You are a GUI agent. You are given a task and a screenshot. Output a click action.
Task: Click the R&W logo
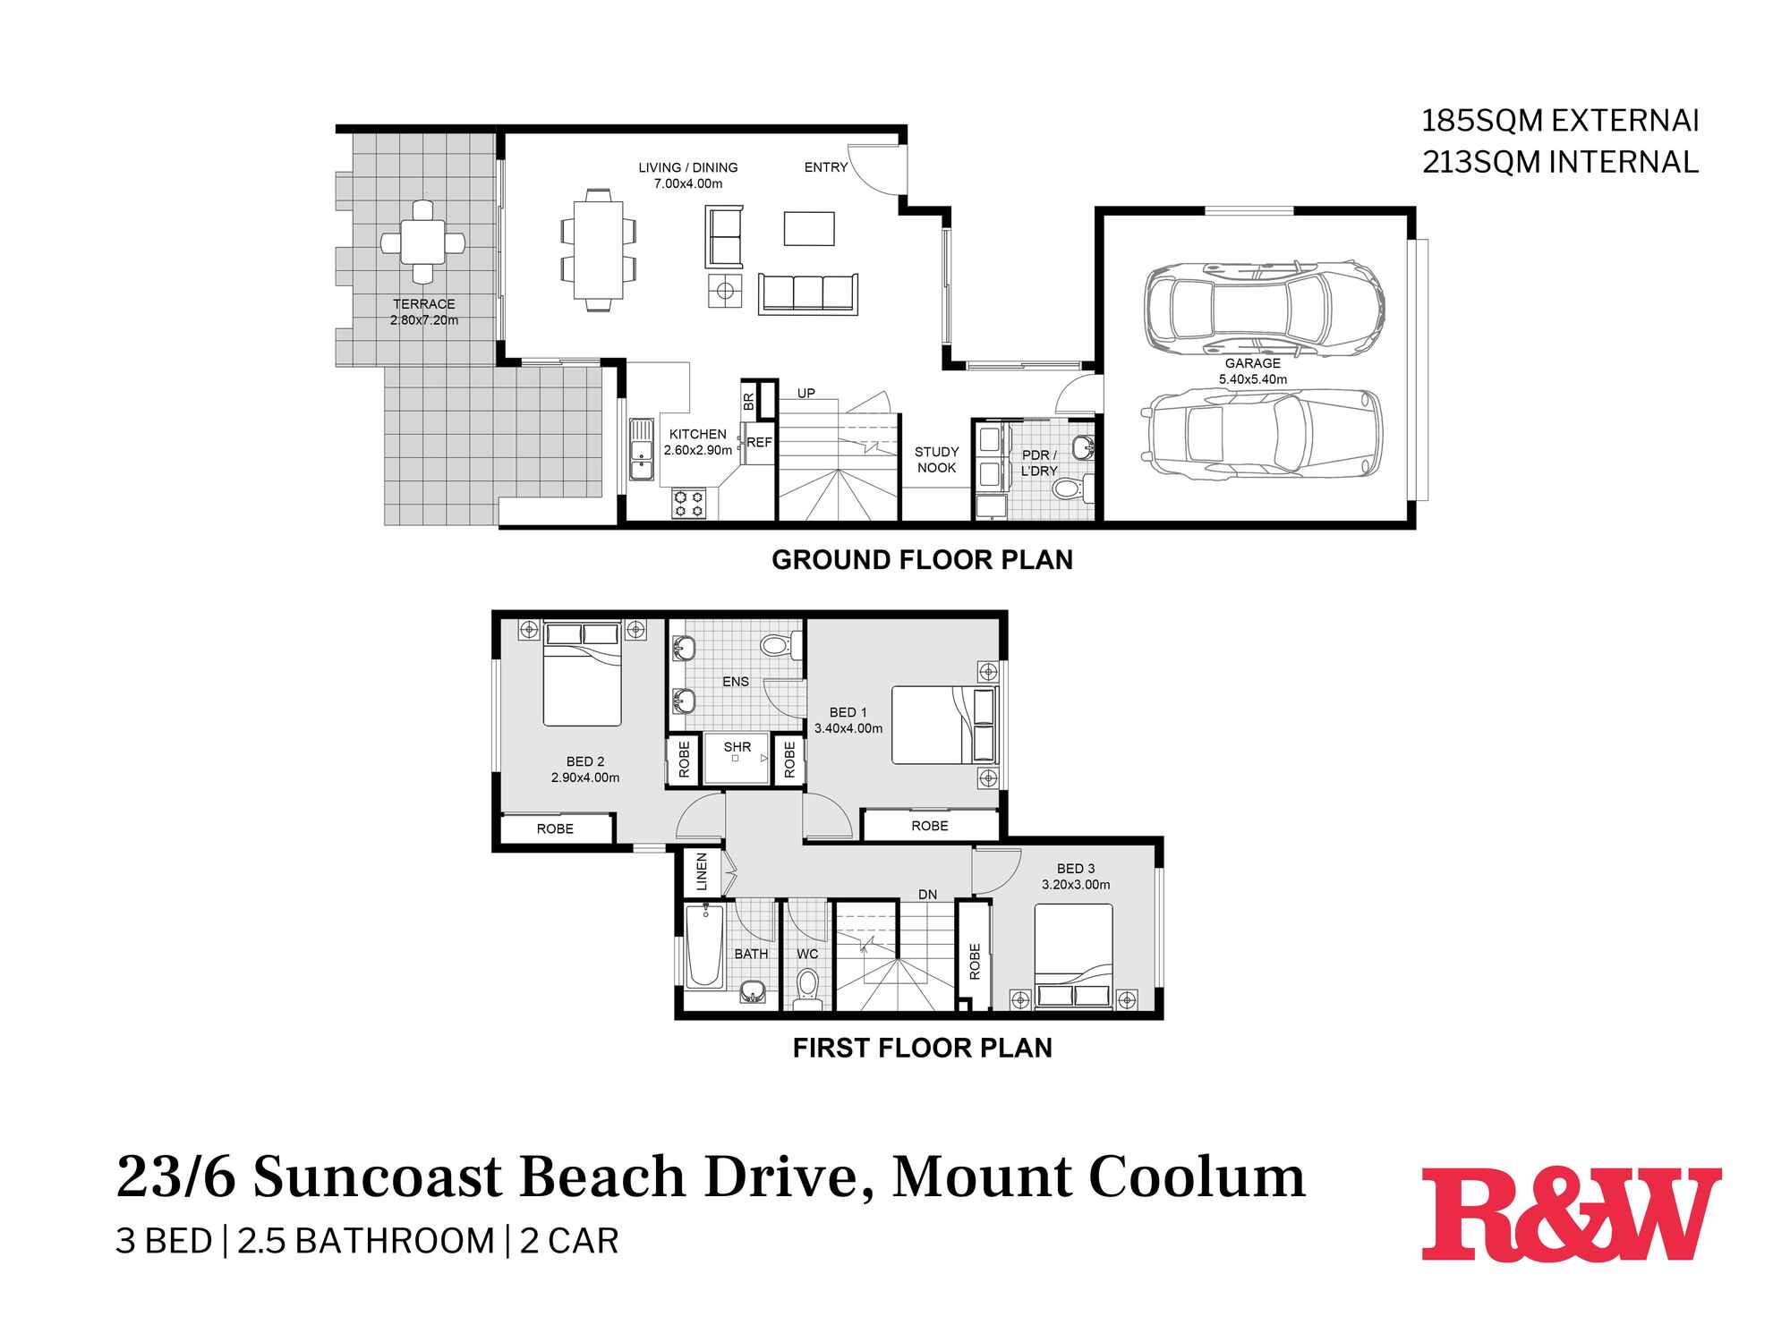[1571, 1214]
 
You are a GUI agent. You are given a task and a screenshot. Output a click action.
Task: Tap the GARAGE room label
[1252, 363]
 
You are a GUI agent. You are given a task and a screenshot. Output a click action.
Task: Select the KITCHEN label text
[697, 434]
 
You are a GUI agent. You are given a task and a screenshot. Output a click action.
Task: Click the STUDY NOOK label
[936, 460]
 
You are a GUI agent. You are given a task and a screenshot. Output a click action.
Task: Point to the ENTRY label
[825, 167]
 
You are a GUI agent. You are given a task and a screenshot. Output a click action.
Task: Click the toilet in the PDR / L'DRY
[1067, 488]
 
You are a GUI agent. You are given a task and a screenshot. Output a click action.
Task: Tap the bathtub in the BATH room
[704, 946]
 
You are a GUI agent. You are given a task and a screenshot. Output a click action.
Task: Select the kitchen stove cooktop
[689, 503]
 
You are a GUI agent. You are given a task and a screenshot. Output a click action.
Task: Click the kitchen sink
[642, 452]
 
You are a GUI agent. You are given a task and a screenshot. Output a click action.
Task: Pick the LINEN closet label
[702, 871]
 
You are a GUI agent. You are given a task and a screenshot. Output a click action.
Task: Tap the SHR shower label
[737, 747]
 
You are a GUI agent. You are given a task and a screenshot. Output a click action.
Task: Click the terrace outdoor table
[422, 242]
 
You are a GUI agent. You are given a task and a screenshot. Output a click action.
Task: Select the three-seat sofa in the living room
[808, 293]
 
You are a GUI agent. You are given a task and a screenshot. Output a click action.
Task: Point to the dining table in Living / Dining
[599, 249]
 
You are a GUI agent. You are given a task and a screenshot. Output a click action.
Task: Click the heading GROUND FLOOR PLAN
[922, 560]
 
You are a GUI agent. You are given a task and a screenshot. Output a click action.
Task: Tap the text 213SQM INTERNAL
[1560, 162]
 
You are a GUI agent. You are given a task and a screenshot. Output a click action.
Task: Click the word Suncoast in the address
[378, 1177]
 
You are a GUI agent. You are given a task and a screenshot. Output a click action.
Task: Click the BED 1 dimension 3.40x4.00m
[848, 728]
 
